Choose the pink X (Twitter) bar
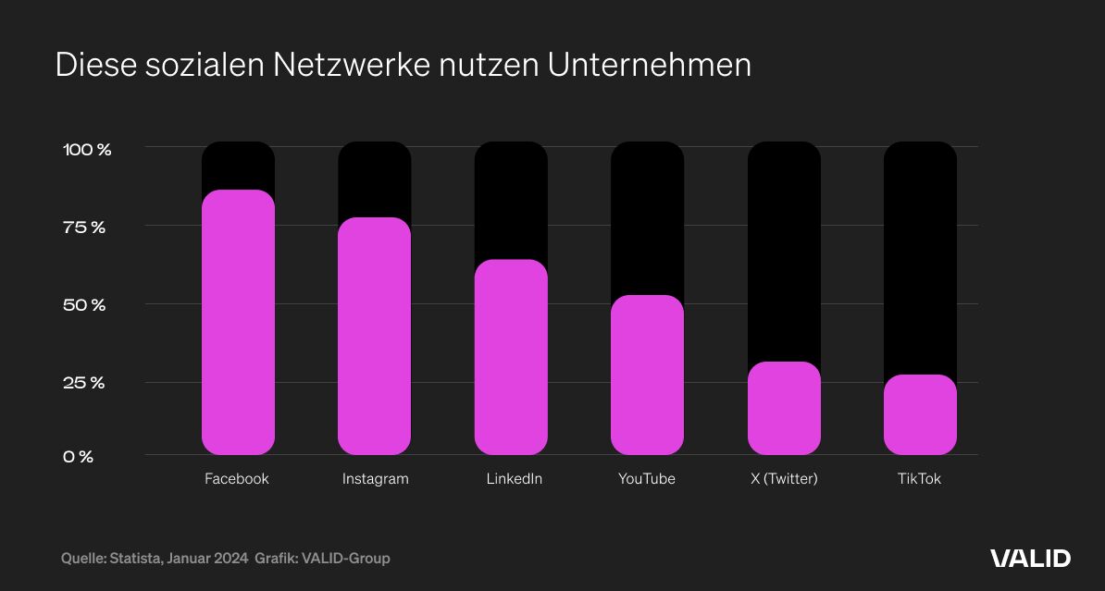[784, 408]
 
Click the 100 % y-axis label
[87, 149]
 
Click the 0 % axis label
[79, 457]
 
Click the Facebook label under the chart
[237, 479]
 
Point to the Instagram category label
[375, 479]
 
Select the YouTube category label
[647, 479]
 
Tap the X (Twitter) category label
[783, 479]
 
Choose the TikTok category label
[919, 479]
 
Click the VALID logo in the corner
[1030, 558]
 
